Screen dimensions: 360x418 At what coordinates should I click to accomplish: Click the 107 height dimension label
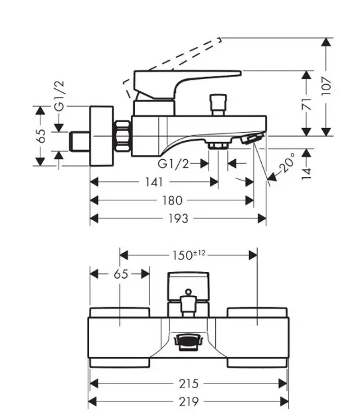pos(326,86)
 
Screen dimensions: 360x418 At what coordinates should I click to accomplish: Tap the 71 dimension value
pos(307,104)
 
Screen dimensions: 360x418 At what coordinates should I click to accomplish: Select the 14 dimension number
pos(307,174)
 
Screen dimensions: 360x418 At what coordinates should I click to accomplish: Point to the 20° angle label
pos(287,163)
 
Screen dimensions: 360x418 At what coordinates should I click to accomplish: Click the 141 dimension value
pos(153,182)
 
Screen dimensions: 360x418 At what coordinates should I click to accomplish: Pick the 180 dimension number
pos(173,200)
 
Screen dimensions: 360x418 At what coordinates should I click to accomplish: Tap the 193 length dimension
pos(178,219)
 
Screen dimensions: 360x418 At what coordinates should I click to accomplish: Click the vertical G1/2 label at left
pos(59,96)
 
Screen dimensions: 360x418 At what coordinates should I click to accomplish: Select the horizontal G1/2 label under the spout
pos(173,164)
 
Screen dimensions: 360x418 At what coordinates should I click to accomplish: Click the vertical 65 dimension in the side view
pos(42,136)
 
